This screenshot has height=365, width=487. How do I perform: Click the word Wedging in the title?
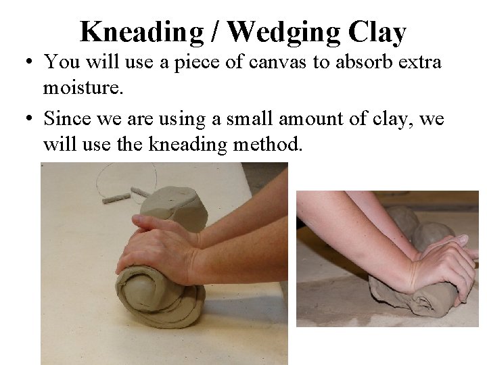[x=285, y=32]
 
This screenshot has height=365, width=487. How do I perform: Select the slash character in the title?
[x=216, y=32]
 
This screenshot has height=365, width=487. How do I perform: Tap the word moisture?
[x=80, y=87]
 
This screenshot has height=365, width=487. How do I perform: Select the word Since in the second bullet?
[x=67, y=118]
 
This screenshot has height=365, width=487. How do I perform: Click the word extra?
[x=417, y=62]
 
